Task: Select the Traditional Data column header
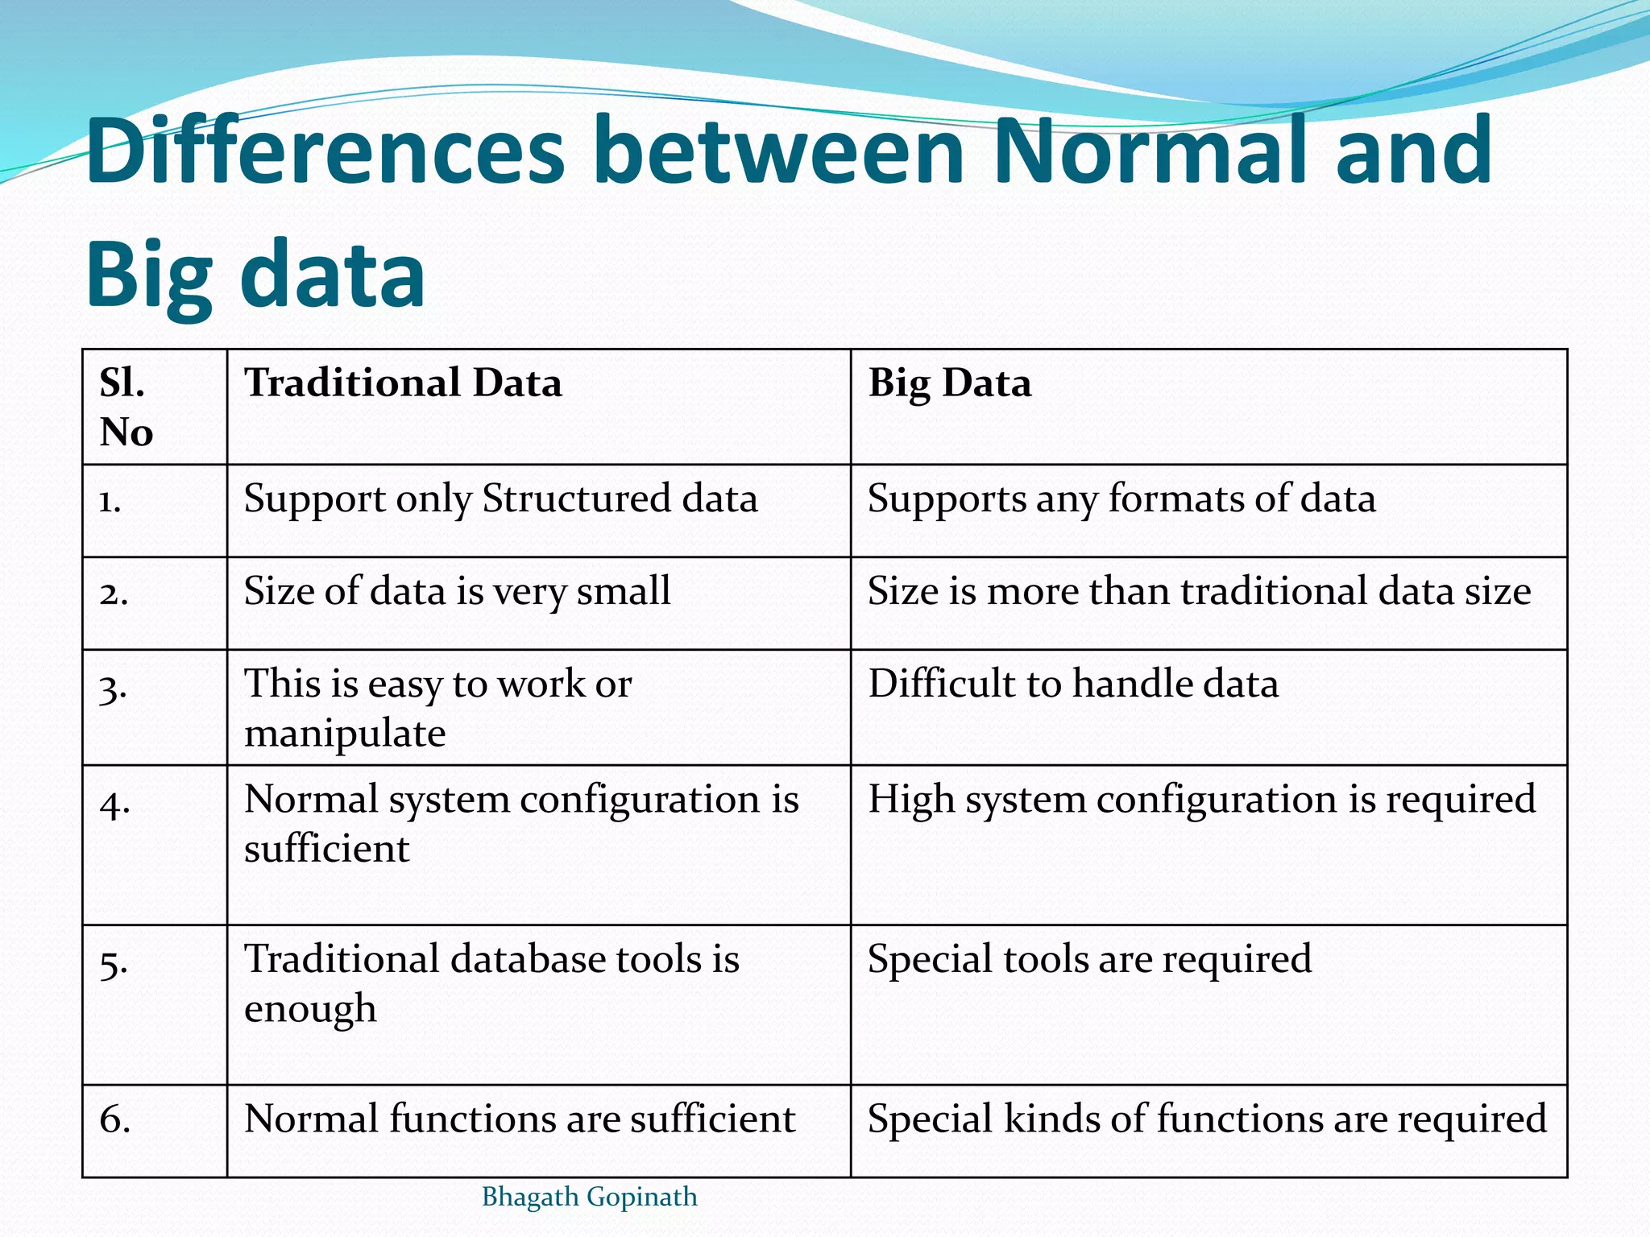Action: pos(403,383)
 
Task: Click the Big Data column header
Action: pos(949,383)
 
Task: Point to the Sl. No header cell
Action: pos(126,407)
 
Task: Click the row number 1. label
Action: pos(110,502)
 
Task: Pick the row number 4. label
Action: pos(114,803)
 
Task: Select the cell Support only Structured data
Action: pos(500,499)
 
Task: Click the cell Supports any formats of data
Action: pos(1121,499)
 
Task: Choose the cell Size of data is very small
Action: pos(457,592)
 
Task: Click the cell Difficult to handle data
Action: pos(1072,685)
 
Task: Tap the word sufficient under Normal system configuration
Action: pos(326,850)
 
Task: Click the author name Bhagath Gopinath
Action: pos(589,1198)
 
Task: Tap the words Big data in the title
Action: pos(255,274)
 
